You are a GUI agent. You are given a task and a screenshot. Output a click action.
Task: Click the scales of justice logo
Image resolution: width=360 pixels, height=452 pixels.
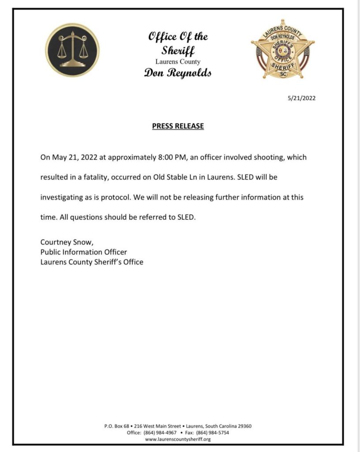tap(72, 50)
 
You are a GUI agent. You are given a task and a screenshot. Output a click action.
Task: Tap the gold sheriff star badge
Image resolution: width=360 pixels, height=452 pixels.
tap(283, 50)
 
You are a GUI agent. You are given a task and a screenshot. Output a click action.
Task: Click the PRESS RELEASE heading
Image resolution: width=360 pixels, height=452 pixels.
tap(178, 126)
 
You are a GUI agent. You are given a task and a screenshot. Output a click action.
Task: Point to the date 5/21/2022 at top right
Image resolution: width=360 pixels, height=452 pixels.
tap(301, 98)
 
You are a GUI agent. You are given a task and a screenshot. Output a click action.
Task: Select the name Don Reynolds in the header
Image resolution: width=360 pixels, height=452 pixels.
tap(178, 73)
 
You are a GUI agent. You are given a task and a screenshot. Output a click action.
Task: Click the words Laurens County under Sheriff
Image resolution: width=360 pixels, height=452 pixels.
tap(178, 62)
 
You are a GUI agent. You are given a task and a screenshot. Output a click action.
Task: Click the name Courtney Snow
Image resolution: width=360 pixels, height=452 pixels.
tap(66, 242)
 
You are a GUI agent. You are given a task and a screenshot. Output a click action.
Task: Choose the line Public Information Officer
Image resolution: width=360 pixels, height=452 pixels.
tap(84, 252)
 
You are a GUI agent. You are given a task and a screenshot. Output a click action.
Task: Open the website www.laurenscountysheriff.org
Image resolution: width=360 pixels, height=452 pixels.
tap(178, 439)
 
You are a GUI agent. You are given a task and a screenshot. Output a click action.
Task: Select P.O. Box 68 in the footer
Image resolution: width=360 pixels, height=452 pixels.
tap(116, 426)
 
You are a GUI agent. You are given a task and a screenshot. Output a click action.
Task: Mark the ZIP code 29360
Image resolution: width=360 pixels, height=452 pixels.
tap(244, 426)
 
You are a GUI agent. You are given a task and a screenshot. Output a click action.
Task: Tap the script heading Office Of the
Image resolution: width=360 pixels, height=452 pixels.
tap(178, 37)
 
